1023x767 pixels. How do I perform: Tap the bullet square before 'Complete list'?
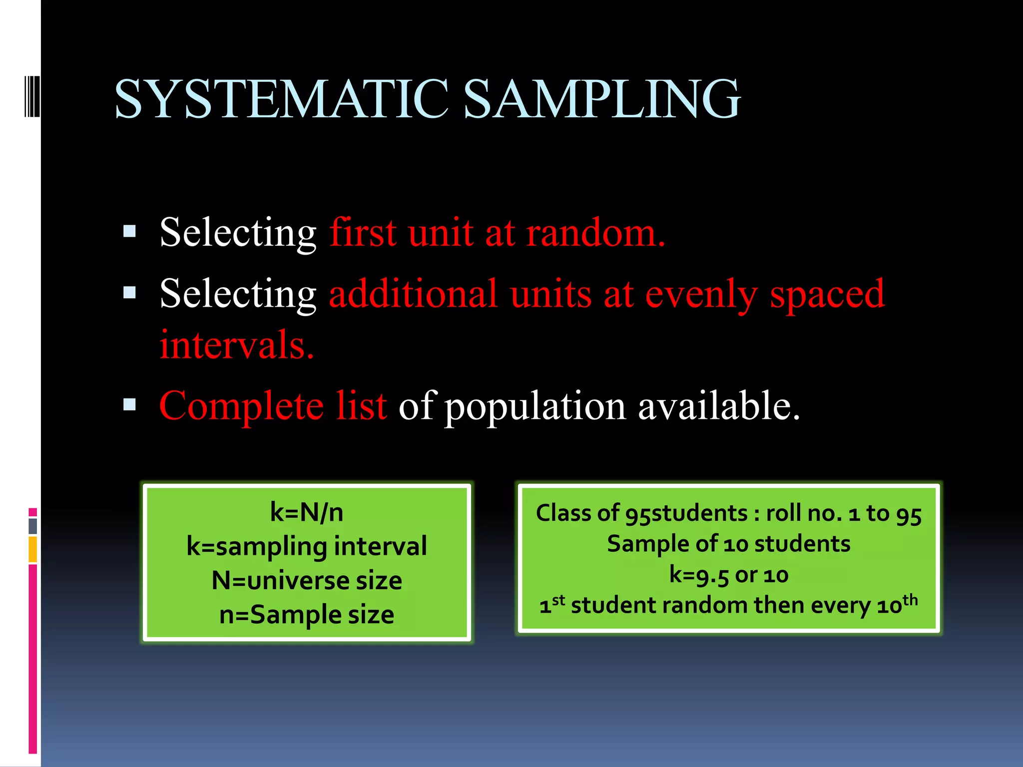[129, 404]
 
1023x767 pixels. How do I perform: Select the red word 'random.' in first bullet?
[595, 233]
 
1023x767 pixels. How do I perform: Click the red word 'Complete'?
[241, 405]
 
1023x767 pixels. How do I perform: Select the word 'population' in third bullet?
[535, 406]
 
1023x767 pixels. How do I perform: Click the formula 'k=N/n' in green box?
[307, 512]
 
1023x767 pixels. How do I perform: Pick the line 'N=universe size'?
[307, 580]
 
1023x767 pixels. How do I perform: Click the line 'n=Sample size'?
[307, 614]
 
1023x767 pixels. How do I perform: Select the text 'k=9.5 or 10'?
[729, 575]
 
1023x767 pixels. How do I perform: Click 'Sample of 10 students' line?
[729, 544]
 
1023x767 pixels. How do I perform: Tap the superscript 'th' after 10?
[910, 599]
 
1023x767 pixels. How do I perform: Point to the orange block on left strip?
[32, 549]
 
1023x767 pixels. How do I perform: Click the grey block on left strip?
[32, 526]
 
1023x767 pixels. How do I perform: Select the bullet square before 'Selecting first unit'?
[129, 231]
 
